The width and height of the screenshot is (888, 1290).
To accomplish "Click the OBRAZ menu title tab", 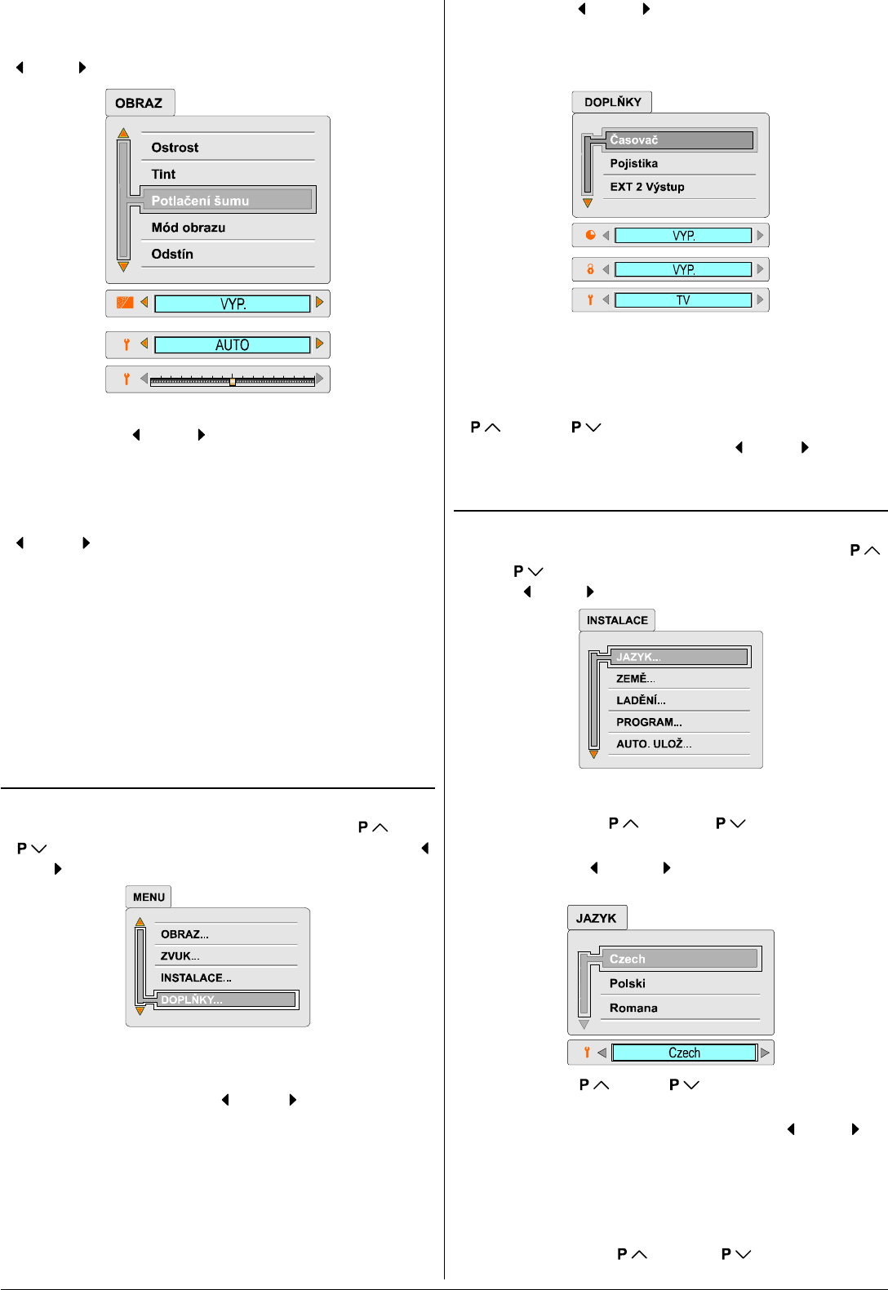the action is [140, 103].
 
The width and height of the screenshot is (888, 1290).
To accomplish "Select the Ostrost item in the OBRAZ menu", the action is [175, 148].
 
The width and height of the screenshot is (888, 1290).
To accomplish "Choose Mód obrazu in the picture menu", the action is [189, 228].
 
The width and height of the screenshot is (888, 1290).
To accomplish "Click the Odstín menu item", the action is [172, 255].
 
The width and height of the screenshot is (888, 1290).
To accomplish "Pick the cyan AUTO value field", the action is [233, 345].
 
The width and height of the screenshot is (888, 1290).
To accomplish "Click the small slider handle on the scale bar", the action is [233, 381].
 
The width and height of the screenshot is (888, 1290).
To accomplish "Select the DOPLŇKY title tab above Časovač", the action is [612, 102].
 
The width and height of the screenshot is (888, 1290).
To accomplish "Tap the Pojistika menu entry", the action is [634, 163].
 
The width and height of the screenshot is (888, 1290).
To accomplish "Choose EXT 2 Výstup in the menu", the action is [647, 187].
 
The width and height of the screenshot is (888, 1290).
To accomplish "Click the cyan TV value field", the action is [683, 300].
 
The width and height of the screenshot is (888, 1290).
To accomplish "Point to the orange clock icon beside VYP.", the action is [591, 235].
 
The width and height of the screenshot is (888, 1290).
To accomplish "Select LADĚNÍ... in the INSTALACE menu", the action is [641, 700].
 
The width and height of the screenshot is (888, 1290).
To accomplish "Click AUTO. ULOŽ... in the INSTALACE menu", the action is [654, 744].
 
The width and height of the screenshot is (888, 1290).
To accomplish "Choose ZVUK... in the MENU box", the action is [180, 956].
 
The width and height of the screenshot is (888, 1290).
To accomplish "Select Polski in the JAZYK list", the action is [628, 984].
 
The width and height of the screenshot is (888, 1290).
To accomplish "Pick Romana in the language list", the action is [633, 1009].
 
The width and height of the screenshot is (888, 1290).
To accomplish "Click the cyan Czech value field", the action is [684, 1053].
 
